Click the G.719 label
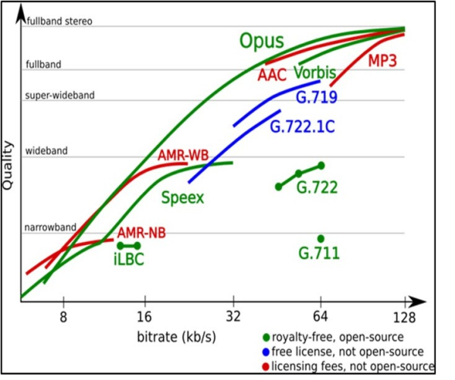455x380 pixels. (x=316, y=96)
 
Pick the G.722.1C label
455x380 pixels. (x=302, y=125)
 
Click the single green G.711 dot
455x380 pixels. (x=321, y=239)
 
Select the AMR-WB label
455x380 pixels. (x=184, y=156)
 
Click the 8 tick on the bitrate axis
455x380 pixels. (x=64, y=316)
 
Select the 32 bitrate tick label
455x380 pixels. (x=233, y=316)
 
